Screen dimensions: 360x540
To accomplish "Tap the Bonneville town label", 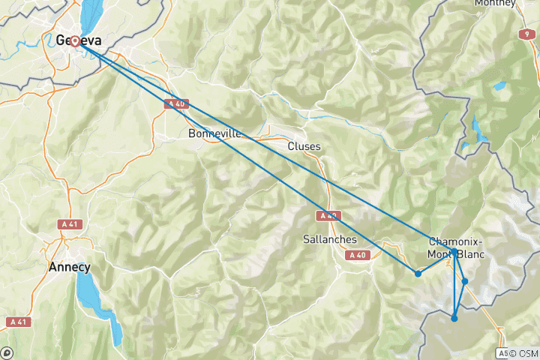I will pos(214,133).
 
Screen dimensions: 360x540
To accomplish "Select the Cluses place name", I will pos(304,146).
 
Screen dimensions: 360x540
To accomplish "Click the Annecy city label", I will pos(69,267).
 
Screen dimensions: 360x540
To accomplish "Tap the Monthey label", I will pos(495,4).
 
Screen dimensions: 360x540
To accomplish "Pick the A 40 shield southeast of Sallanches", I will pos(357,256).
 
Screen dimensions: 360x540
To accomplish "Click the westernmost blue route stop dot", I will pos(418,273).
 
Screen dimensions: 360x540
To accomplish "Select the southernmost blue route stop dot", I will pos(454,319).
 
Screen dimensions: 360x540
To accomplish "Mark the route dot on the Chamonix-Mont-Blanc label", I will pos(454,251).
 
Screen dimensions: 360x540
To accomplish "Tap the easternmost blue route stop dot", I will pos(465,281).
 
